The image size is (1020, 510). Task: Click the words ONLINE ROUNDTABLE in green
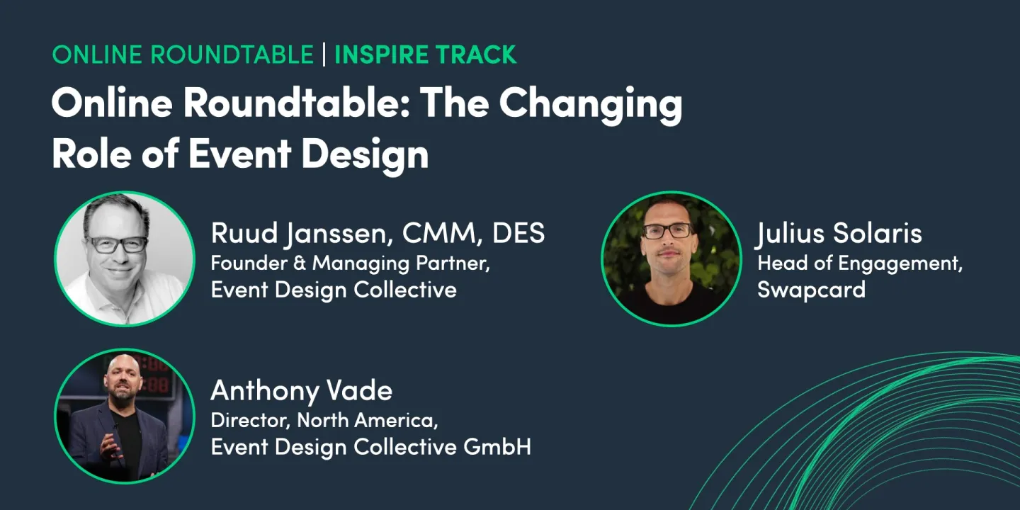point(183,55)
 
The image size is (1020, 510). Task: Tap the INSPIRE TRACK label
point(425,55)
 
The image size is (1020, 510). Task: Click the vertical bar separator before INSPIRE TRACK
point(324,55)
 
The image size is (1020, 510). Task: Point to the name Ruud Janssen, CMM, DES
point(378,234)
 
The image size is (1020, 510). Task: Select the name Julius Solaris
point(839,234)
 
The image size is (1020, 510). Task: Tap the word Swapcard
point(811,290)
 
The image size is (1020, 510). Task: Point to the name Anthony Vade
point(301,390)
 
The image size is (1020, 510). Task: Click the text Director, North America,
point(324,420)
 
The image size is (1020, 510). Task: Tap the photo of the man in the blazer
point(125,416)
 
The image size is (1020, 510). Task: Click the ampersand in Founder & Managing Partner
point(300,263)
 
